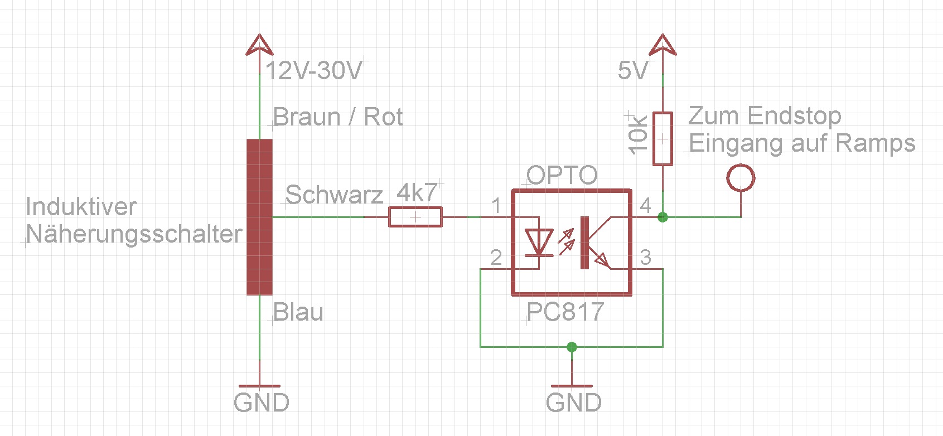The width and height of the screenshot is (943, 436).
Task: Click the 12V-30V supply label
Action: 314,70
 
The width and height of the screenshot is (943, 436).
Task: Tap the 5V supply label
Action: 633,70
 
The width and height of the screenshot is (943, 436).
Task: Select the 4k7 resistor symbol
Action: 415,217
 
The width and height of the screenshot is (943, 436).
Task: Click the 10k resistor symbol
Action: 662,139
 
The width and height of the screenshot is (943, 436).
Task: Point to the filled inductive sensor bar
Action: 259,217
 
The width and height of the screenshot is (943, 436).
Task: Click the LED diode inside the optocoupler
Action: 539,243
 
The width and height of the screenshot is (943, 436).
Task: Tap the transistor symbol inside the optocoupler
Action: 594,243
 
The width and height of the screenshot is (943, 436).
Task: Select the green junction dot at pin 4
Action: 662,217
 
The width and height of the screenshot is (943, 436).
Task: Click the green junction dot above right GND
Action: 572,347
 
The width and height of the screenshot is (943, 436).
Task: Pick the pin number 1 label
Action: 497,206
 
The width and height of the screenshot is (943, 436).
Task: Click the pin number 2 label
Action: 496,258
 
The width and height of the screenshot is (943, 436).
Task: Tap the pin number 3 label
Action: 646,257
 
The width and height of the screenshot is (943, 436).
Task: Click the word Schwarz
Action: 334,195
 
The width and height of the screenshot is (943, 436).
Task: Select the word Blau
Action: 298,312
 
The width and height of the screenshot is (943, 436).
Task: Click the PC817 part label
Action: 565,312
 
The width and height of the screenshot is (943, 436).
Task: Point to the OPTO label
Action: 562,175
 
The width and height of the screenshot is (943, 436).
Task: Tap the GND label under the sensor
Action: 262,403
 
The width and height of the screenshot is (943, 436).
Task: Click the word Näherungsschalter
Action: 134,234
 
